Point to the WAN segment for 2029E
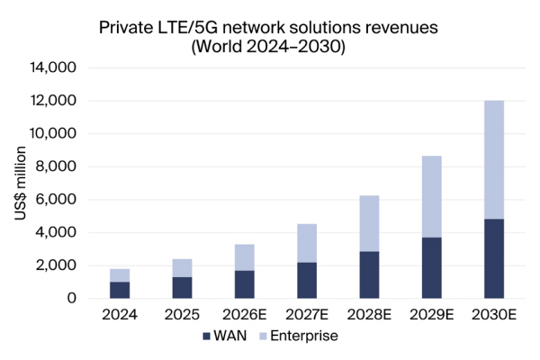coord(428,267)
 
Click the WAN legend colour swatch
coord(208,337)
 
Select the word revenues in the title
coord(400,28)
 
